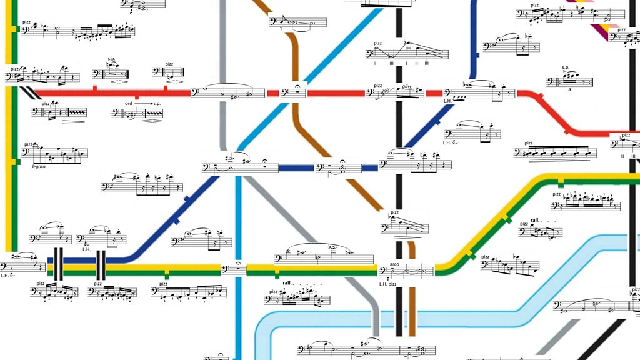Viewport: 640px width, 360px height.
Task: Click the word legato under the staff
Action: click(x=39, y=166)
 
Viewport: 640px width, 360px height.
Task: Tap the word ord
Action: click(x=129, y=102)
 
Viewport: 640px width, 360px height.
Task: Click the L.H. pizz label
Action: click(x=389, y=284)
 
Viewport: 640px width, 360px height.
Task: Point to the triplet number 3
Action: click(x=570, y=89)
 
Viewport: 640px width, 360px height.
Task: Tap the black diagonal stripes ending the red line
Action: click(x=29, y=93)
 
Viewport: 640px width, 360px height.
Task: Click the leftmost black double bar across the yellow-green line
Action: click(x=57, y=264)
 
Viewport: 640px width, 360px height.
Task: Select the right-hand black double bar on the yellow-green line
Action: click(x=100, y=264)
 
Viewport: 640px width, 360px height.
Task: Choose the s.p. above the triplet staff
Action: click(x=566, y=67)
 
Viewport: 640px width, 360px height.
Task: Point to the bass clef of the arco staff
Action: click(x=383, y=271)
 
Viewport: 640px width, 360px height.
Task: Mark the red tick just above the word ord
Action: click(x=136, y=96)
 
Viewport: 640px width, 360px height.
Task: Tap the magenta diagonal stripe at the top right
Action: click(x=604, y=31)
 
